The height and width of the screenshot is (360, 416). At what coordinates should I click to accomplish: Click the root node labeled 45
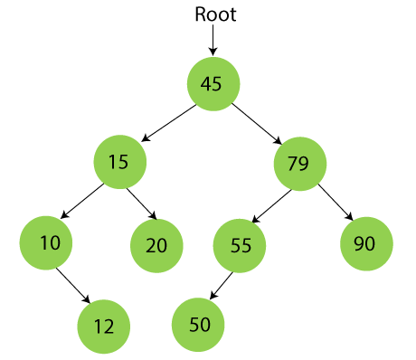click(x=213, y=84)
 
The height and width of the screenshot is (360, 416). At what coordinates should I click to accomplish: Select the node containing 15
click(x=119, y=162)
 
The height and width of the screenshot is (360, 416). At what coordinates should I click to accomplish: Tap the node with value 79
click(x=298, y=164)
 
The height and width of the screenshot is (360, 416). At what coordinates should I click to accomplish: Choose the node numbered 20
click(x=156, y=245)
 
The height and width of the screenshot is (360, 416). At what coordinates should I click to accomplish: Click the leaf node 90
click(x=366, y=242)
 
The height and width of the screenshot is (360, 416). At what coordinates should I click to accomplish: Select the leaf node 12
click(x=103, y=325)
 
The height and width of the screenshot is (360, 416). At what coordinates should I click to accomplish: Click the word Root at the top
click(x=215, y=15)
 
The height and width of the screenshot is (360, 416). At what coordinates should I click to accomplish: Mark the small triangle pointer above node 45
click(x=212, y=51)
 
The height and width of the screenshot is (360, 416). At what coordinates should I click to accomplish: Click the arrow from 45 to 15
click(x=169, y=123)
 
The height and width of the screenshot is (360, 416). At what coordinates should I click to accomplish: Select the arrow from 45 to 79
click(x=256, y=123)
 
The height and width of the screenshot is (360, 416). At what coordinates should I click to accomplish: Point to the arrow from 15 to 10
click(x=80, y=202)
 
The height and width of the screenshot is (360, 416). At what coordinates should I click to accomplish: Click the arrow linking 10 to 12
click(x=74, y=284)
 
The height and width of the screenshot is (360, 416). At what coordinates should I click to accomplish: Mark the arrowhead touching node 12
click(x=86, y=299)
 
